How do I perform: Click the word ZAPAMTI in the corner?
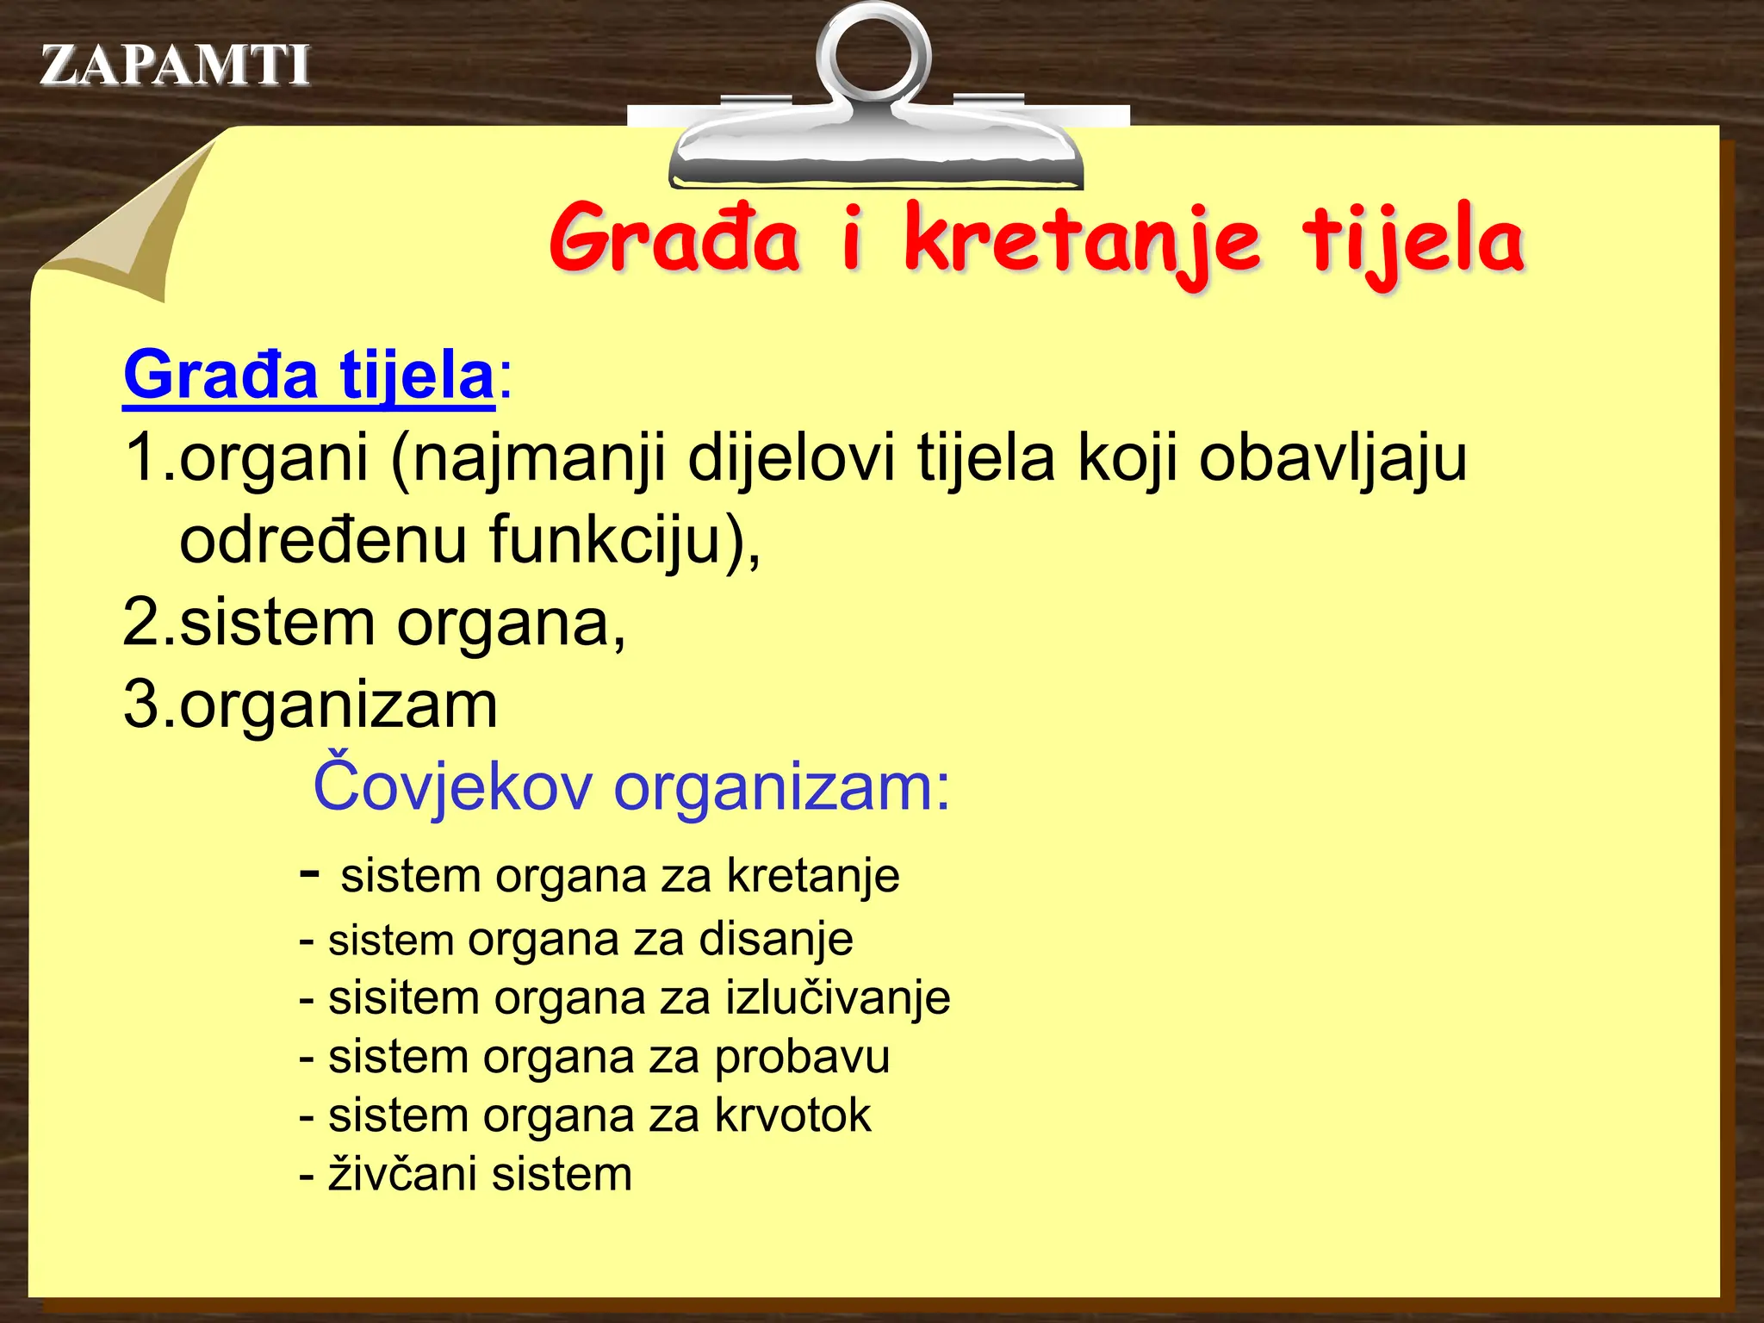tap(175, 65)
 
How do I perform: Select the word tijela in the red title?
tap(1413, 241)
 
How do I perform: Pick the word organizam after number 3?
tap(339, 705)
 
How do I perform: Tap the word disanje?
tap(775, 940)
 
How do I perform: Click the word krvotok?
tap(793, 1115)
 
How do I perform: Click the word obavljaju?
tap(1333, 458)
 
